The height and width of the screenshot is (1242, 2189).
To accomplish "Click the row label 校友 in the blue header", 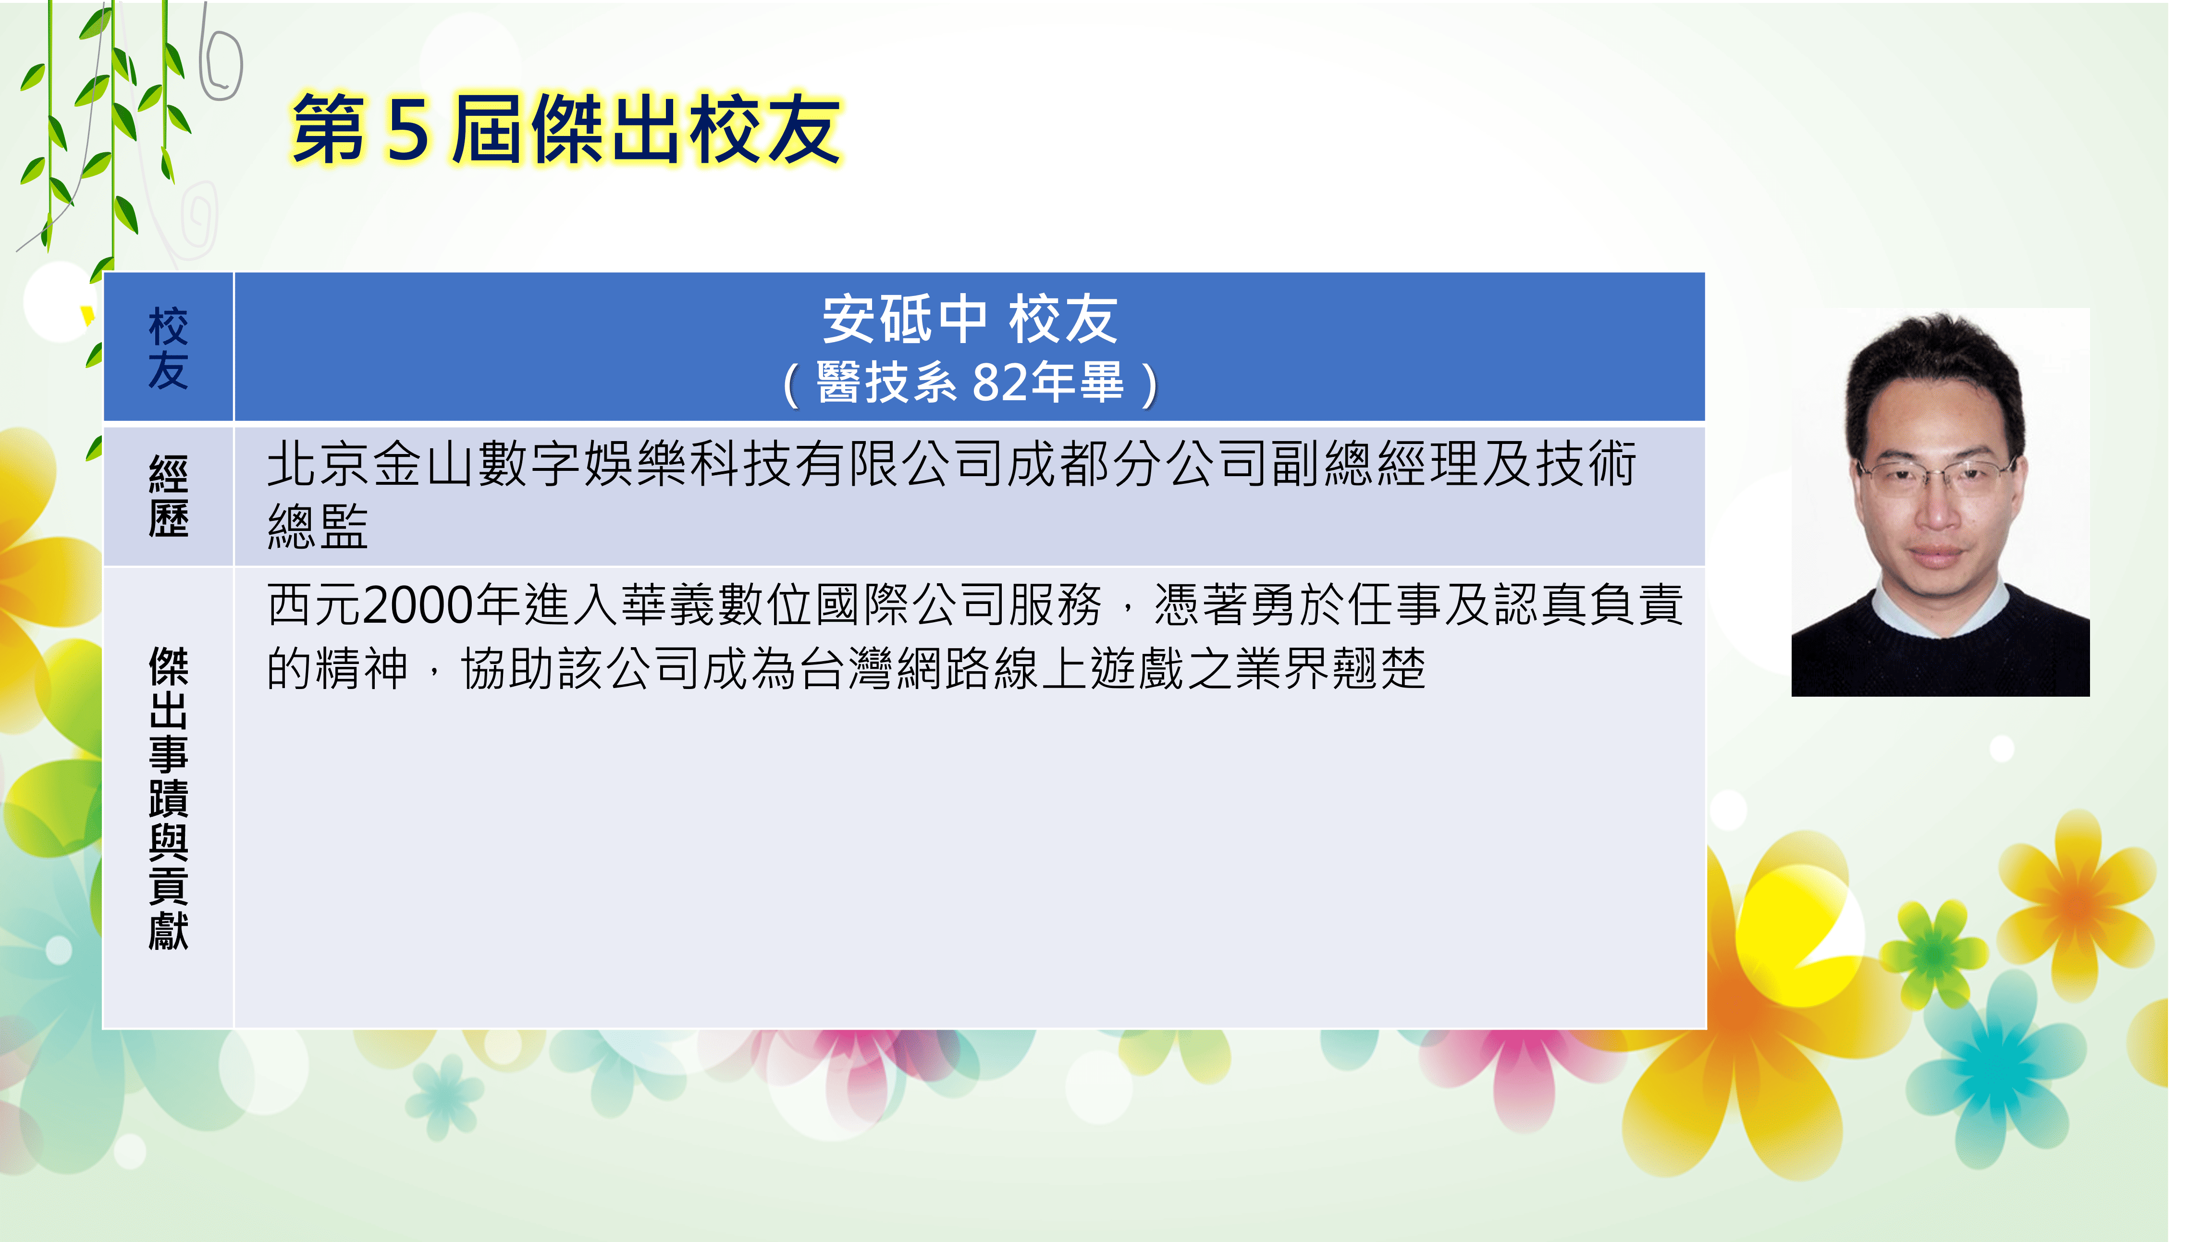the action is pos(168,348).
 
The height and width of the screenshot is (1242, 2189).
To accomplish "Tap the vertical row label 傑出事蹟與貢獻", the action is pos(168,798).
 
